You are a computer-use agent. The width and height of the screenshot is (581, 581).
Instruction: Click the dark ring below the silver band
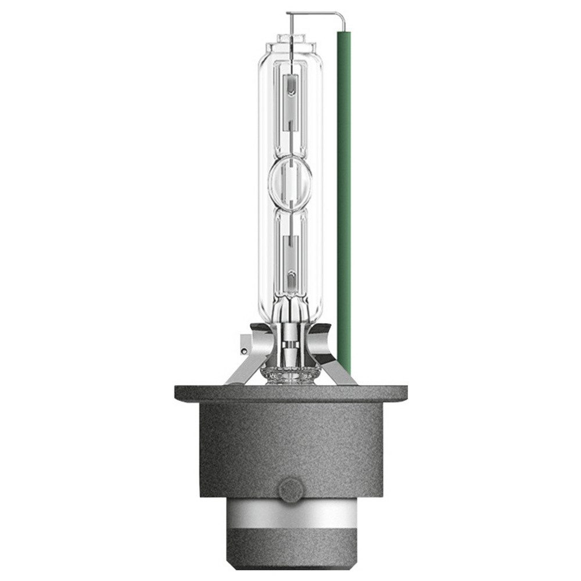[x=289, y=558]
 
